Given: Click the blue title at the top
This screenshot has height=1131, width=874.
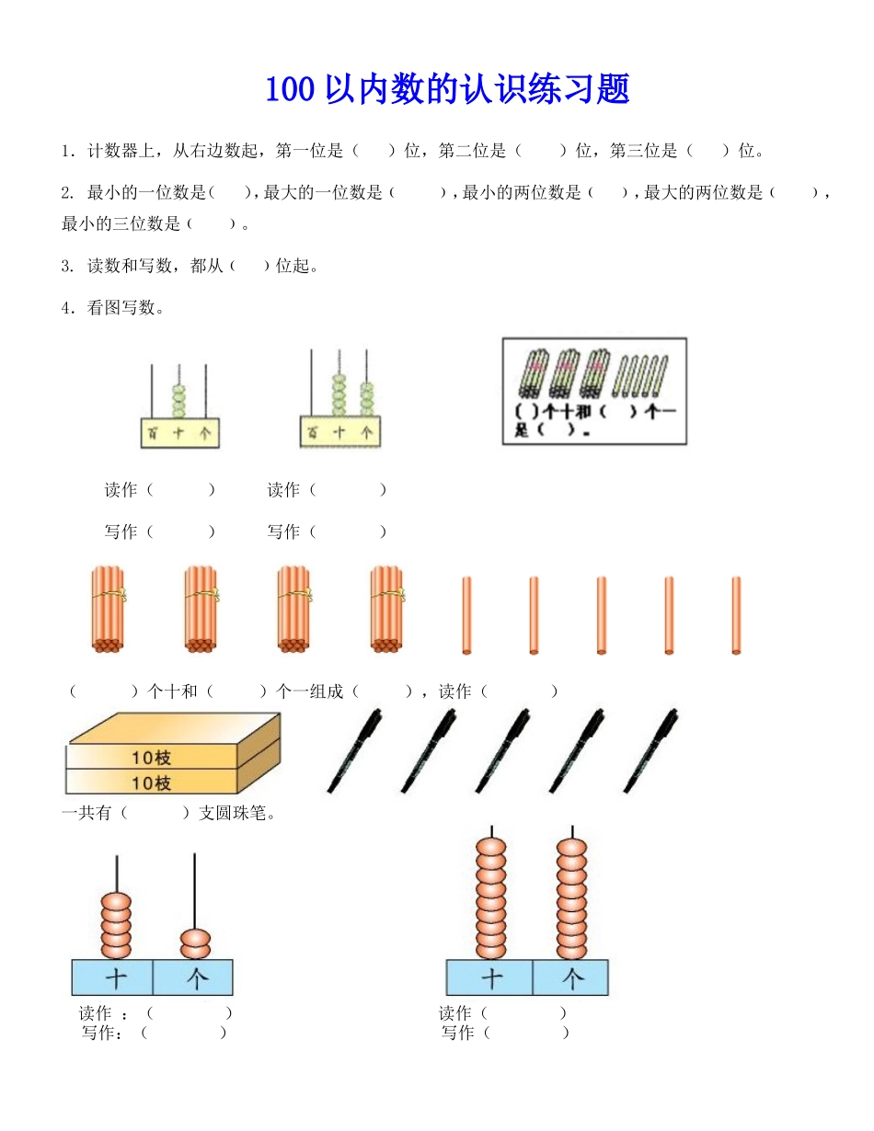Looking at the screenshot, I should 447,90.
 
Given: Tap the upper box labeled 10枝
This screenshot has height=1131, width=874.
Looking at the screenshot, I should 152,758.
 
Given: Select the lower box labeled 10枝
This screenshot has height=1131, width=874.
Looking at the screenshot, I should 152,783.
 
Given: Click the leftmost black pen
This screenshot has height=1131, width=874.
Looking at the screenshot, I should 354,750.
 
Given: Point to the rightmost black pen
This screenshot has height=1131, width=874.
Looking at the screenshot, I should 651,750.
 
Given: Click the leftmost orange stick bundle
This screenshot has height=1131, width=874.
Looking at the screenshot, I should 108,610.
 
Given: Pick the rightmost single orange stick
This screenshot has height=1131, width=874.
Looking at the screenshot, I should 736,615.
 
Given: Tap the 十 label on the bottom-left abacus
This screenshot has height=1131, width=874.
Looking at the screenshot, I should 115,977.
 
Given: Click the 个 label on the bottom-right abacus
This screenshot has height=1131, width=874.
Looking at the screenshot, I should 571,977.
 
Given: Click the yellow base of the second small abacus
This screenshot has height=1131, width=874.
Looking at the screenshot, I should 339,431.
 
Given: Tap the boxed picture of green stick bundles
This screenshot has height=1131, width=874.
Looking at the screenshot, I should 594,391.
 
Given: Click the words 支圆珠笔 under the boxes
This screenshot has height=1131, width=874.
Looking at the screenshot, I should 236,813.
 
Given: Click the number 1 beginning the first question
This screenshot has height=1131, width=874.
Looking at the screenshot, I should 66,151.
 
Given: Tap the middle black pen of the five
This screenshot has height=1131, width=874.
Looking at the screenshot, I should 502,750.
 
